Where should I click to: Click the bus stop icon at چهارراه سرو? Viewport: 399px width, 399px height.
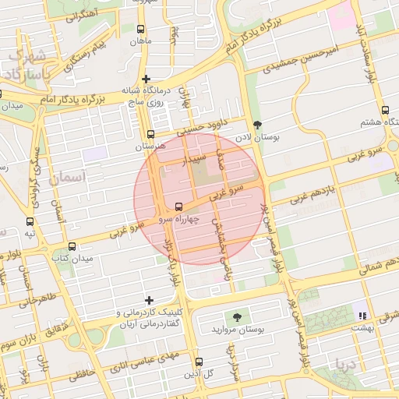tap(180, 207)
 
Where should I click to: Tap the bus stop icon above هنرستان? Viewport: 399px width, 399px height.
tap(150, 133)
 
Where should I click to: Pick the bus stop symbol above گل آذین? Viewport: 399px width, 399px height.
tap(199, 362)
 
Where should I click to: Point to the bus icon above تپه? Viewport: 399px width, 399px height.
tap(30, 221)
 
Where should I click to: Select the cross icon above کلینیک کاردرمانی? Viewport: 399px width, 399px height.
tap(150, 299)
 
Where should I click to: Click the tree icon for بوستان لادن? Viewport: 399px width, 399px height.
tap(259, 124)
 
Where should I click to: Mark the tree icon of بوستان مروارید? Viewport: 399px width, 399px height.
tap(235, 316)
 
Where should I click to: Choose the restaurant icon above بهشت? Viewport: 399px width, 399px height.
tap(362, 314)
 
